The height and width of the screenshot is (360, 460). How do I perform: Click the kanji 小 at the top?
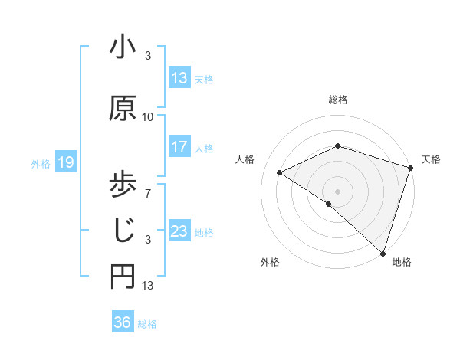pos(123,48)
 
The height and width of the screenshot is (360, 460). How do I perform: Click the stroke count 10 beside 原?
pos(148,117)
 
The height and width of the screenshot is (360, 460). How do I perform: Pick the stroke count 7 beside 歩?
pos(148,185)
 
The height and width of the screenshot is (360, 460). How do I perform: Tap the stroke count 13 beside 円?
pos(148,286)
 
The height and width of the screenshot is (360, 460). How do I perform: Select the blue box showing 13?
pos(179,78)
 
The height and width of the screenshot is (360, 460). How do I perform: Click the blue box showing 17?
pos(179,147)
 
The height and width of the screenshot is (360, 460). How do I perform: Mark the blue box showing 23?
pos(179,231)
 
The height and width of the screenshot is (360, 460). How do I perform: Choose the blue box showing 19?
pos(65,162)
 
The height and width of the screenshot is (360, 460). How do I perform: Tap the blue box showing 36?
pos(122,322)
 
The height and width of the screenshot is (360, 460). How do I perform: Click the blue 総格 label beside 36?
pos(147,323)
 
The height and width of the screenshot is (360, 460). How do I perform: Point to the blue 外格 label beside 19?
pos(41,163)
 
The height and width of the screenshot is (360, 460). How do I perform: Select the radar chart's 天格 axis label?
pos(431,159)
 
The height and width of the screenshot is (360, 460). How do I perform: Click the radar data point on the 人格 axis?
pos(280,172)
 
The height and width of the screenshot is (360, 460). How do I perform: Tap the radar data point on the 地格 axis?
pos(383,252)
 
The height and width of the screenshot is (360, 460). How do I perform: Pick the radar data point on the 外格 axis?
pos(329,204)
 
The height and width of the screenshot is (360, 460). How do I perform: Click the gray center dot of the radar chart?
pos(337,191)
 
